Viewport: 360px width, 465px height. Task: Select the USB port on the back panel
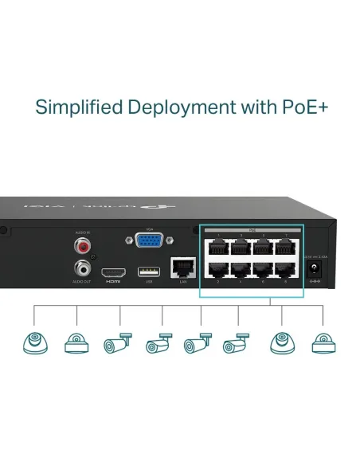point(145,271)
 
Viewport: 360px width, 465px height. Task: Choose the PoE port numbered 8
point(284,269)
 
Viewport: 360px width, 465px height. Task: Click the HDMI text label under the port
point(112,283)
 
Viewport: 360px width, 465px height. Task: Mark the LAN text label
point(183,283)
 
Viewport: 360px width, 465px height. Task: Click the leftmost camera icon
point(36,342)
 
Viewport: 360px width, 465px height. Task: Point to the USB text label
point(145,283)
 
